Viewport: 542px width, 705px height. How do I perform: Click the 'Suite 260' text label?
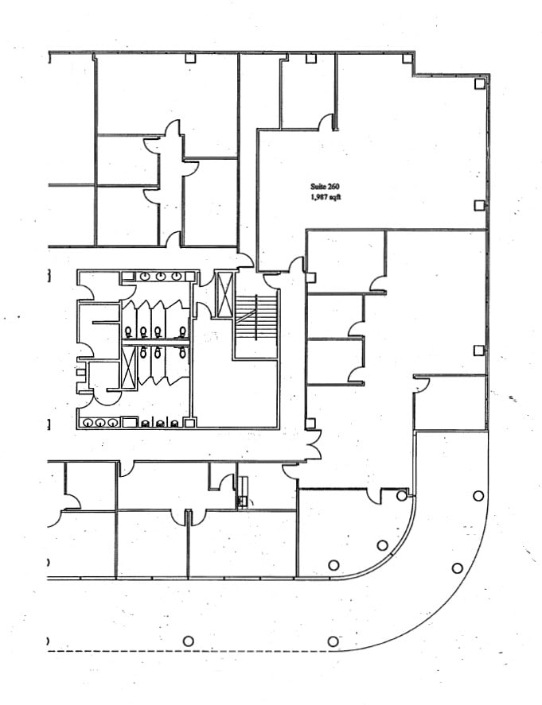pyautogui.click(x=325, y=186)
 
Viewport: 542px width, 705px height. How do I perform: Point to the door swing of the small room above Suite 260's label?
pyautogui.click(x=326, y=122)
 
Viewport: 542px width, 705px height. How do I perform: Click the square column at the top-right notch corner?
pyautogui.click(x=407, y=58)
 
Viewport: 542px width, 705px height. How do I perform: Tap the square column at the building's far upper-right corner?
pyautogui.click(x=479, y=83)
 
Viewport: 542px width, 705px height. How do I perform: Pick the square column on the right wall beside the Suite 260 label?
pyautogui.click(x=479, y=205)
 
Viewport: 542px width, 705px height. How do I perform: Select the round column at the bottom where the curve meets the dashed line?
pyautogui.click(x=333, y=641)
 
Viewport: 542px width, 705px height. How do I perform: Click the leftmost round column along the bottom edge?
pyautogui.click(x=188, y=641)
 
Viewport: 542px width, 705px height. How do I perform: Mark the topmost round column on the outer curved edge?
pyautogui.click(x=478, y=496)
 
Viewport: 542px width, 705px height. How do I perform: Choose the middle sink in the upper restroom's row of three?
pyautogui.click(x=162, y=277)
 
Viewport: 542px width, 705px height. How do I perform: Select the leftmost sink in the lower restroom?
pyautogui.click(x=88, y=423)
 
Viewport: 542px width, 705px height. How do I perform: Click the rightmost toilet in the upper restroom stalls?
pyautogui.click(x=183, y=331)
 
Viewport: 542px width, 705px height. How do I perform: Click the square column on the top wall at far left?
pyautogui.click(x=190, y=58)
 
